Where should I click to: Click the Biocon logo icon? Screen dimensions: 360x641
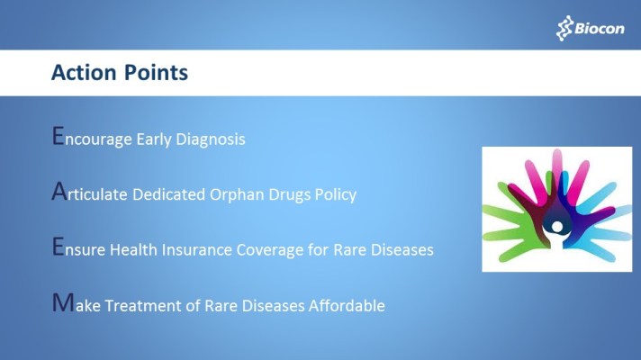pos(564,28)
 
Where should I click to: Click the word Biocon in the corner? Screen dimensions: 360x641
pos(598,29)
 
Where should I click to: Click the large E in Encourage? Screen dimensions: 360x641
pos(59,137)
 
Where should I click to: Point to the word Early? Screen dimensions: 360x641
pos(158,140)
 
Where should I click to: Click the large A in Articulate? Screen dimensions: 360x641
pos(59,193)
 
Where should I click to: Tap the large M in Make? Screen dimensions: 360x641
pos(61,303)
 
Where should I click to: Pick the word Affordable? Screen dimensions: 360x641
pos(347,306)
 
